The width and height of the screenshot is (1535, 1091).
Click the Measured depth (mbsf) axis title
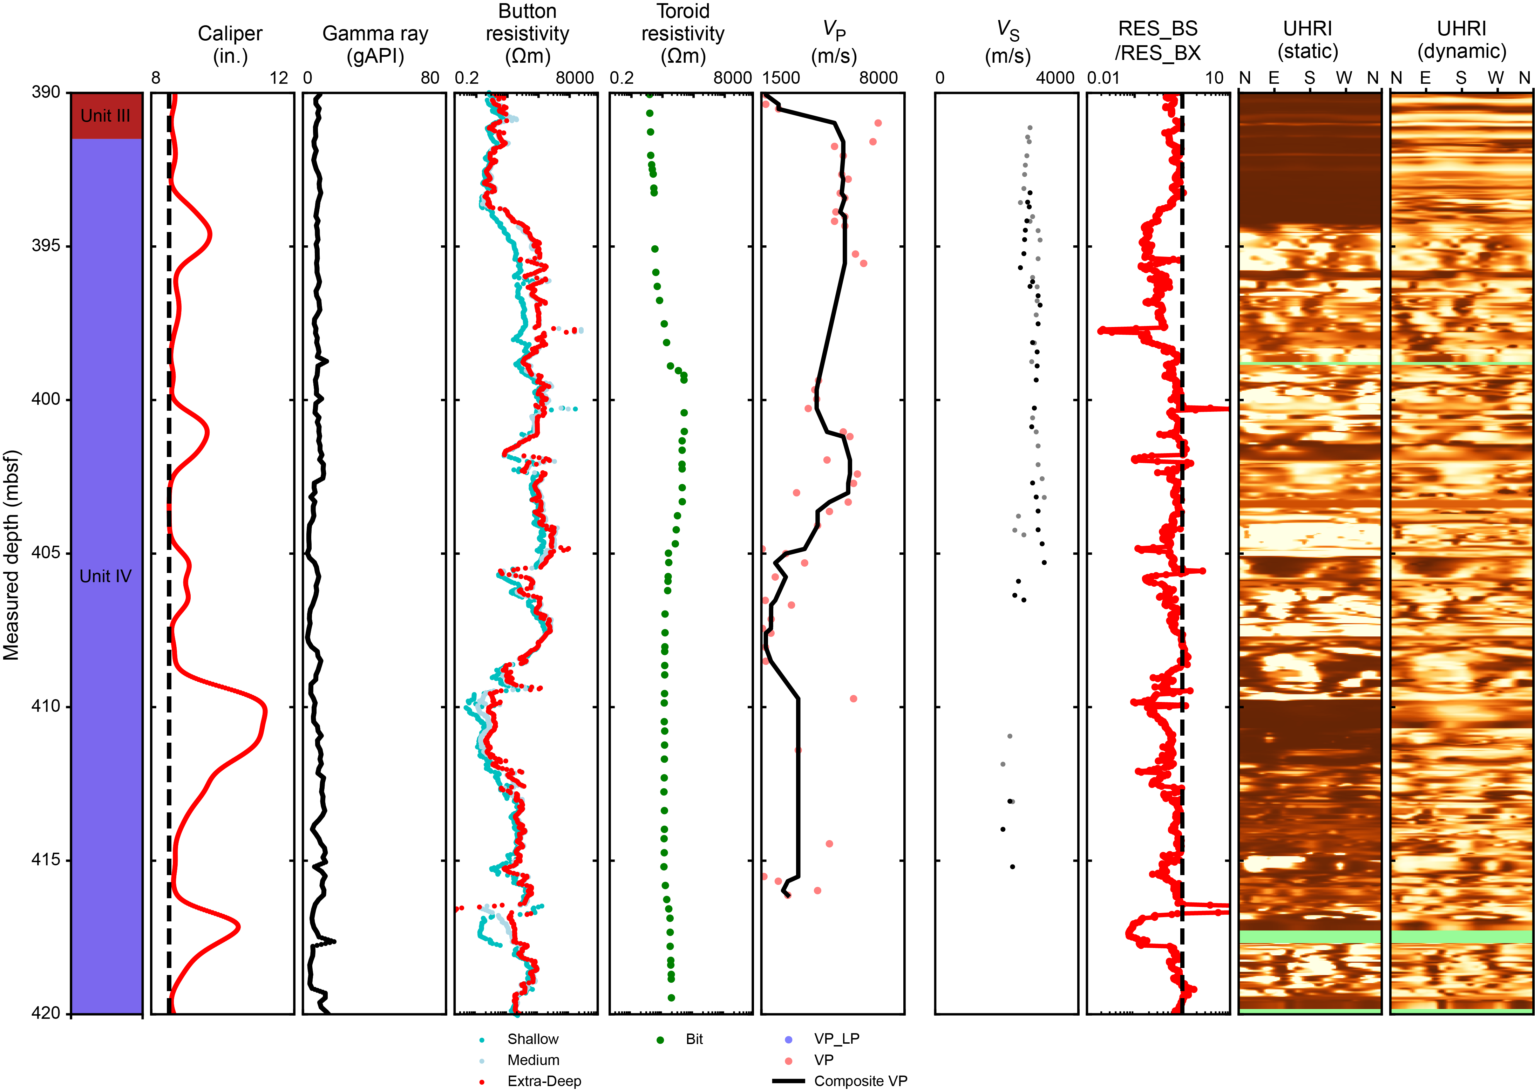(x=12, y=554)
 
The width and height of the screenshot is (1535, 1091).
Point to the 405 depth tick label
(x=46, y=553)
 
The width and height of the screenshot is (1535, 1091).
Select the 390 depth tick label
(x=46, y=92)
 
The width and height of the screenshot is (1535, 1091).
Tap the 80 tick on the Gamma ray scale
(x=430, y=78)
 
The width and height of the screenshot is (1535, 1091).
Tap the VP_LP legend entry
(x=836, y=1038)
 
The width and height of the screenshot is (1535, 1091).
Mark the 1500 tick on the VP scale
(x=781, y=78)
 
